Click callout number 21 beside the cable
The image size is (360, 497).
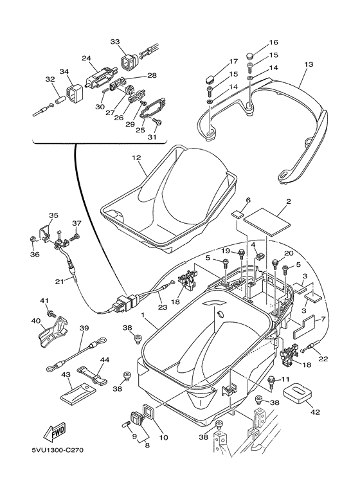click(59, 282)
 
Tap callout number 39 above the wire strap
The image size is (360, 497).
click(84, 328)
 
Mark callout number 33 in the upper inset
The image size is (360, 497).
click(115, 42)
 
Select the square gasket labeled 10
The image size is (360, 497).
click(147, 411)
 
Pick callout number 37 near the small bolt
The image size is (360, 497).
click(77, 224)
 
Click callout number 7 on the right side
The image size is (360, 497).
click(323, 319)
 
